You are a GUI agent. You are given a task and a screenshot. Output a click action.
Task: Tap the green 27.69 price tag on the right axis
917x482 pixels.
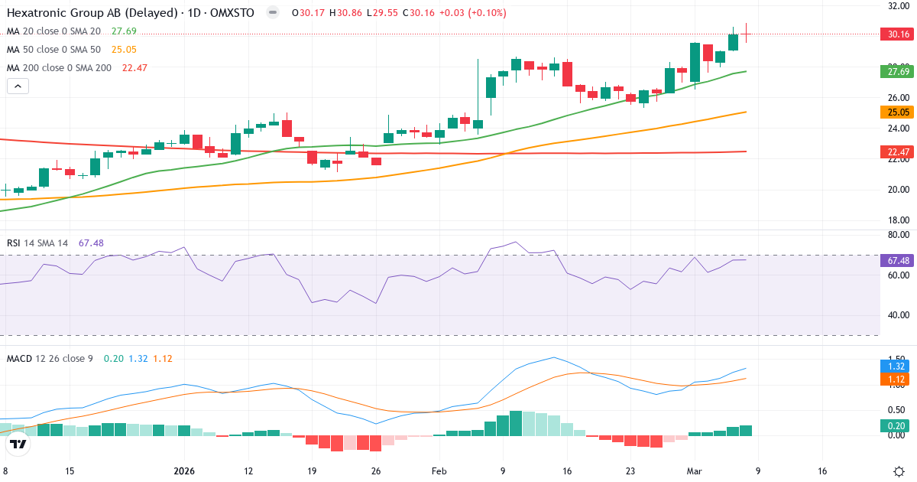click(x=898, y=72)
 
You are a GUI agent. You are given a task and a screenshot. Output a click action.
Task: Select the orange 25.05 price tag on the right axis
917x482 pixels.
click(x=898, y=112)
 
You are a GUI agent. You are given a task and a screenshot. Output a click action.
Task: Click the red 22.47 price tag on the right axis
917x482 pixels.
click(x=898, y=152)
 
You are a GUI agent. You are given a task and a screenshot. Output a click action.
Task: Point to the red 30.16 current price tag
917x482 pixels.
click(x=898, y=34)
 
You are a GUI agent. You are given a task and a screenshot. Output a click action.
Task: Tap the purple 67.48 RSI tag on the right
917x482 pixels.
click(x=898, y=261)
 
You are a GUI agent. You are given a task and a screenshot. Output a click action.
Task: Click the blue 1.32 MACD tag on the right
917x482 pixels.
click(x=898, y=366)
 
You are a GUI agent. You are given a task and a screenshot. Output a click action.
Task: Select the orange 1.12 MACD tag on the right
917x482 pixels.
click(x=898, y=379)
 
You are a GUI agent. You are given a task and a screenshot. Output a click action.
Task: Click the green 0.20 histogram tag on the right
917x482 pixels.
click(x=898, y=426)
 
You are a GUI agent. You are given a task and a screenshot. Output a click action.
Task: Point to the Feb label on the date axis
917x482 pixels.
click(x=439, y=471)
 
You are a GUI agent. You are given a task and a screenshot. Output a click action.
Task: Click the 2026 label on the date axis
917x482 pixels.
click(x=185, y=471)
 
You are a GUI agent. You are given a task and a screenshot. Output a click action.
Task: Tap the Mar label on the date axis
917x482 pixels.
click(x=694, y=471)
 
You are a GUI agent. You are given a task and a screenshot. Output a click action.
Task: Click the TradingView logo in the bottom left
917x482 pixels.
click(x=18, y=444)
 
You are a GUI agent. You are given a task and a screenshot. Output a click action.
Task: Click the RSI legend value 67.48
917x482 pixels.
click(x=90, y=243)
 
